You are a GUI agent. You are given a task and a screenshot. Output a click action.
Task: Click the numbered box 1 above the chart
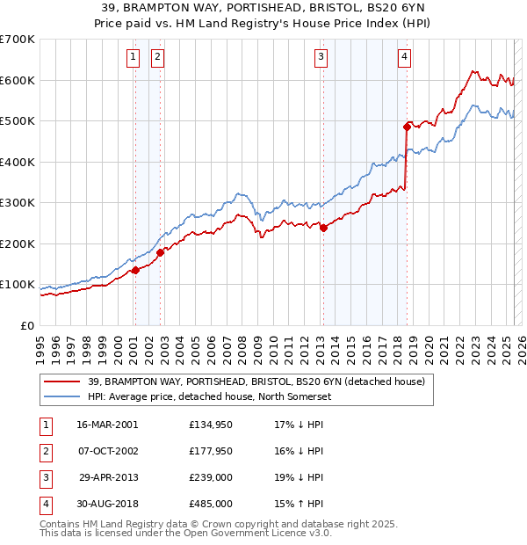click(133, 58)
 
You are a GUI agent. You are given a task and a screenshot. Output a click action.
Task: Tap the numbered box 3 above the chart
click(321, 58)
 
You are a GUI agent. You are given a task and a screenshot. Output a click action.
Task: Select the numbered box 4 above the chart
click(404, 58)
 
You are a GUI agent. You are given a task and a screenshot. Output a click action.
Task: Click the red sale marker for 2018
click(408, 127)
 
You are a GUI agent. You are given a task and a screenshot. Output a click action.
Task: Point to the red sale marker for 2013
click(323, 228)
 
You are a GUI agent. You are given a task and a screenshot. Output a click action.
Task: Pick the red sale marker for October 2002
click(160, 252)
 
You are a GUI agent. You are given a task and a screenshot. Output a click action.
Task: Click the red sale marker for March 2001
click(135, 270)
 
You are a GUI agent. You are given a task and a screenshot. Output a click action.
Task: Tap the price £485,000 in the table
click(211, 504)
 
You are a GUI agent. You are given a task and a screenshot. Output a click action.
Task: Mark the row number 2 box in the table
click(44, 451)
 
